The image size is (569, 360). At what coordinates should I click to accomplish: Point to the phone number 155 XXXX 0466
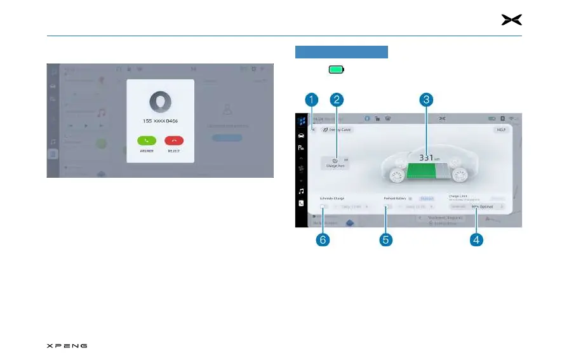point(160,121)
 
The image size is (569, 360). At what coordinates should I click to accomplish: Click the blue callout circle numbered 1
point(311,99)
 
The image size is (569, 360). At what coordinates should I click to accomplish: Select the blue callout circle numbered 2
point(337,99)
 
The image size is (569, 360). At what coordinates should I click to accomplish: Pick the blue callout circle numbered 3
point(427,99)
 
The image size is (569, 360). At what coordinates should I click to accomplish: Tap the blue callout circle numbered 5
point(385,240)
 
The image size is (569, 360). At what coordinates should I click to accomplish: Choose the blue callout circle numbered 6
point(325,240)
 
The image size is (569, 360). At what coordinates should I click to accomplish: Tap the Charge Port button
point(335,163)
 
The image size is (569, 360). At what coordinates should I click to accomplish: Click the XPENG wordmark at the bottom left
point(67,346)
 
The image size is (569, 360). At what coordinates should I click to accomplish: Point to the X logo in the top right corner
point(511,20)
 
